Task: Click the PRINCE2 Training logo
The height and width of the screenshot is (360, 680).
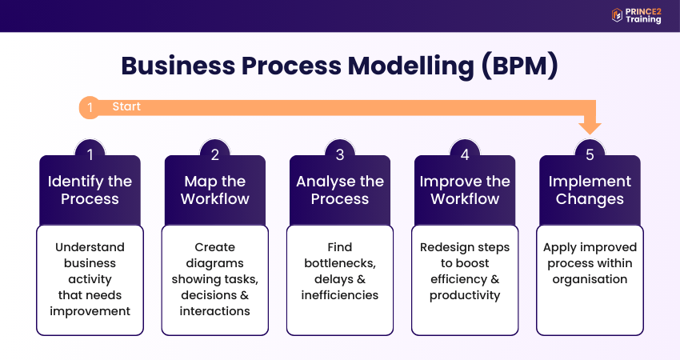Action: click(x=636, y=15)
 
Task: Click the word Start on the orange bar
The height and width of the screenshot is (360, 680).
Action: click(x=126, y=106)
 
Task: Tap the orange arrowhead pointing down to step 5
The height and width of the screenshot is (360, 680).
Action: click(x=590, y=125)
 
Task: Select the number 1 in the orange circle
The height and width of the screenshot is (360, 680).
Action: click(x=90, y=107)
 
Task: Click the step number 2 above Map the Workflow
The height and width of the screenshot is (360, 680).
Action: click(x=214, y=154)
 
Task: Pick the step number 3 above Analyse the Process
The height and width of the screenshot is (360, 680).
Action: click(x=339, y=154)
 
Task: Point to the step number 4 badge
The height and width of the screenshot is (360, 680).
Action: click(x=465, y=154)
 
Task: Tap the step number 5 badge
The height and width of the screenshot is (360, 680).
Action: click(x=590, y=154)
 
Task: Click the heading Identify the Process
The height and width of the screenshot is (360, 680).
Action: click(x=90, y=190)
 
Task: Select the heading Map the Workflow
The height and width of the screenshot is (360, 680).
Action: click(x=214, y=190)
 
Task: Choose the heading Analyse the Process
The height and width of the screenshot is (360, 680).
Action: click(x=339, y=190)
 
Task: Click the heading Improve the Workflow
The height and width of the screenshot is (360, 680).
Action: click(x=465, y=190)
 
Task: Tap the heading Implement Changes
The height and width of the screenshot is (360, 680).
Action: click(x=590, y=190)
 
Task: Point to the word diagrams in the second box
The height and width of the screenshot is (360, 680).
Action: click(x=214, y=263)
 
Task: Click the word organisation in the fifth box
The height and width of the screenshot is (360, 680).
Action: click(x=590, y=279)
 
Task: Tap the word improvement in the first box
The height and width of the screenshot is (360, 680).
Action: click(x=90, y=310)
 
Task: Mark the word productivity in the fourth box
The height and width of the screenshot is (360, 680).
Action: click(x=465, y=295)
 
